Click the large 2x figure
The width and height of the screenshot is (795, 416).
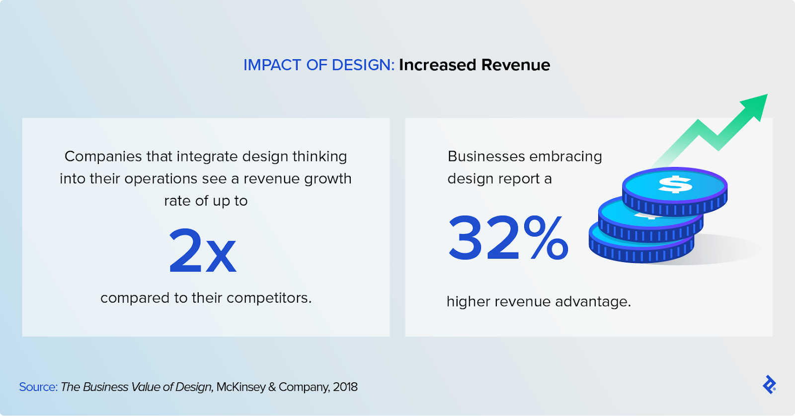(202, 251)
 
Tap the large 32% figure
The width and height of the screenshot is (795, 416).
(508, 239)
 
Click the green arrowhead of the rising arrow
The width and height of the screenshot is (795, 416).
(756, 105)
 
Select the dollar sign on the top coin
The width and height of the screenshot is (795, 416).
(675, 184)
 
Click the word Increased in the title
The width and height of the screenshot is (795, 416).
(438, 65)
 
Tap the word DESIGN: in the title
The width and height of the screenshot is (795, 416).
(363, 65)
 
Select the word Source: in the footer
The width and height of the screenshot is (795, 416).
(38, 387)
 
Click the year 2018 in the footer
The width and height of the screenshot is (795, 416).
(345, 387)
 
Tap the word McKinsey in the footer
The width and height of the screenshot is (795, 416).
(240, 387)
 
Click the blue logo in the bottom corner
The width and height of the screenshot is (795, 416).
(769, 385)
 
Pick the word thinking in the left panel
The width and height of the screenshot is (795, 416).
(319, 157)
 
